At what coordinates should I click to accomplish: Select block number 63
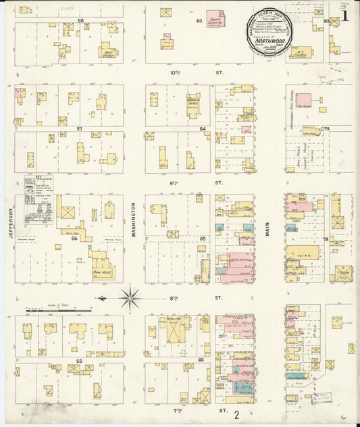tap(199, 20)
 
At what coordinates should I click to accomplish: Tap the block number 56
tap(74, 238)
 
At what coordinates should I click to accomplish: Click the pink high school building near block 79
tap(303, 100)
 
